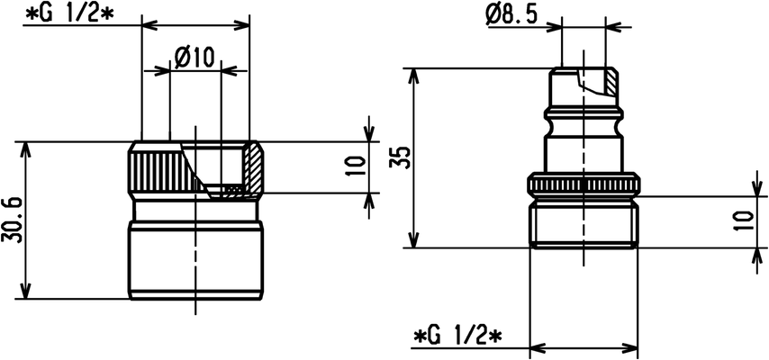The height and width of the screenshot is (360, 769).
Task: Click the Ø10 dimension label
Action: [x=195, y=58]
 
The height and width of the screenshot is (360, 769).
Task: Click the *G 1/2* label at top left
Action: [x=68, y=13]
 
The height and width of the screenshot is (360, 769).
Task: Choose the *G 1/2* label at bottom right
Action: [x=458, y=337]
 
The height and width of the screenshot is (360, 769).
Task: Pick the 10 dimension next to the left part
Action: [x=358, y=166]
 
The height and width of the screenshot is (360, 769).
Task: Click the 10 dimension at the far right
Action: [x=745, y=221]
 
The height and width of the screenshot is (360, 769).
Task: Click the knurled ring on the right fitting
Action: [x=584, y=184]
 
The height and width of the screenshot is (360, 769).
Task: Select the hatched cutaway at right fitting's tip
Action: [x=611, y=80]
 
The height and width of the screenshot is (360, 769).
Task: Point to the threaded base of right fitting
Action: [x=584, y=226]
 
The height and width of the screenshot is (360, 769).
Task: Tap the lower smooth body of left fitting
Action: [x=195, y=259]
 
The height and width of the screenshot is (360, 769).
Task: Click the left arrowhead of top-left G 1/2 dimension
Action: [x=150, y=23]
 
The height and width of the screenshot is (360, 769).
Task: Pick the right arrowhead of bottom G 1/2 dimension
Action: [x=629, y=348]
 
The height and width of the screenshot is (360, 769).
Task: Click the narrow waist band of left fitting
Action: [x=195, y=211]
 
